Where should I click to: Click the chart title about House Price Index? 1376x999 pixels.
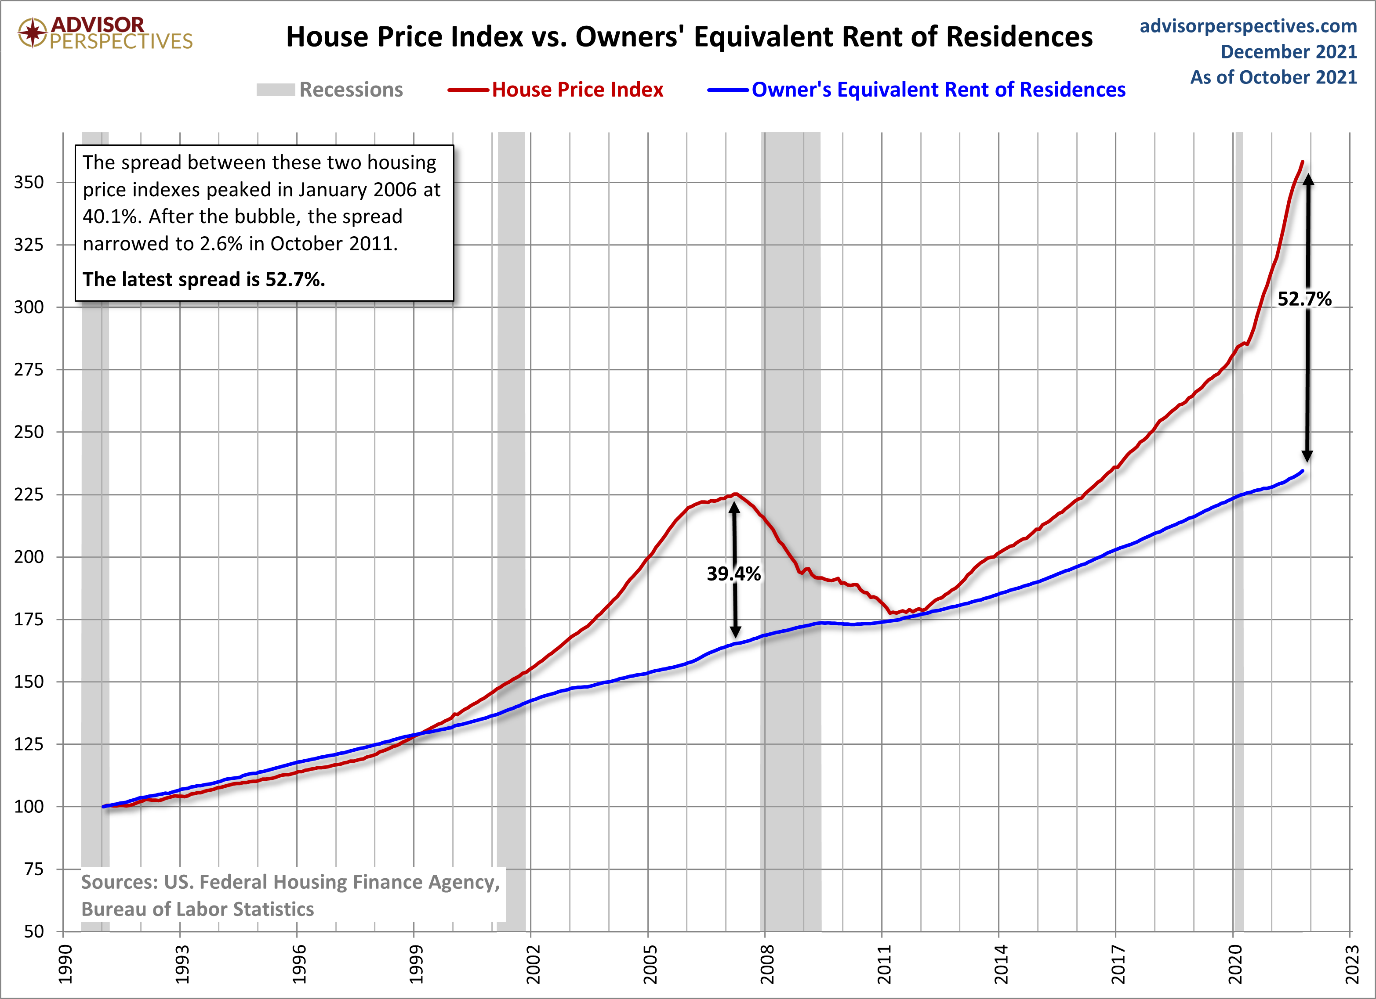point(689,37)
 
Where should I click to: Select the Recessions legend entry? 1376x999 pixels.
point(330,90)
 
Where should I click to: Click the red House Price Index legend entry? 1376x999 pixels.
point(555,90)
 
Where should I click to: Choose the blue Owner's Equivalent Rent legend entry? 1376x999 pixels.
point(916,90)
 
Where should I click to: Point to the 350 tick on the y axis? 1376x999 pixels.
point(29,182)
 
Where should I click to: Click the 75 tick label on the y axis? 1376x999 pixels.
point(34,869)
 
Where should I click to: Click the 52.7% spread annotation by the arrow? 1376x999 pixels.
point(1304,299)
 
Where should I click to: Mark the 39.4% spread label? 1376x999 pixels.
point(733,573)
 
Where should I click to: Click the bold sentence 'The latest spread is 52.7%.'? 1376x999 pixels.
point(204,279)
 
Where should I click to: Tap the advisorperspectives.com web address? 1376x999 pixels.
point(1248,26)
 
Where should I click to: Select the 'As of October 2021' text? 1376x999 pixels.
point(1274,77)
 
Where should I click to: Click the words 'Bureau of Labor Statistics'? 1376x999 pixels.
point(198,909)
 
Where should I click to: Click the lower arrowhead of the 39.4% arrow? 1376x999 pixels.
point(735,631)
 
